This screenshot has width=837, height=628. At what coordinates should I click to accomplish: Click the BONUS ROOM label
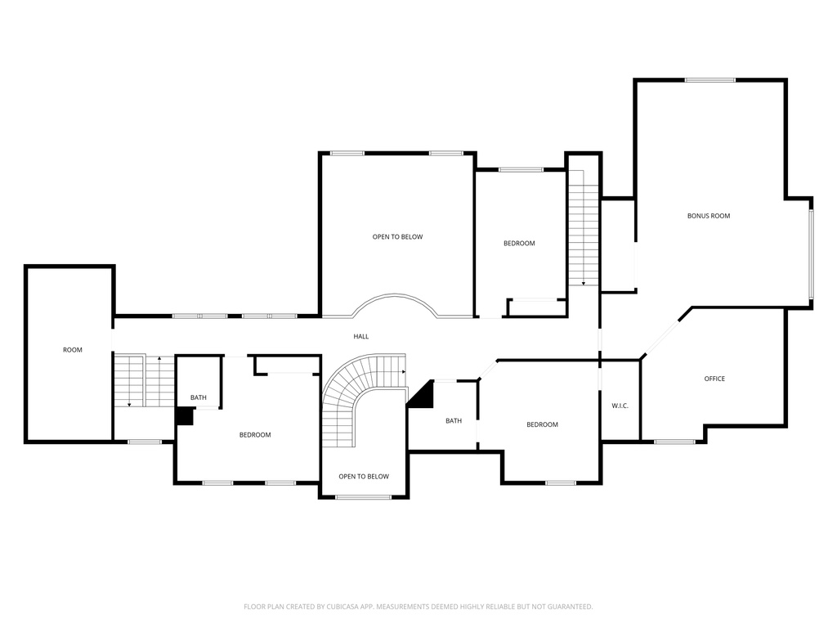pyautogui.click(x=708, y=216)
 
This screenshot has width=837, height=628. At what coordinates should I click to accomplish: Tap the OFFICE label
pyautogui.click(x=714, y=379)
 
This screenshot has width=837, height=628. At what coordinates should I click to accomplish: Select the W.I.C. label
pyautogui.click(x=620, y=406)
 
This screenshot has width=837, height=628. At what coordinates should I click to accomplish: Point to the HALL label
pyautogui.click(x=360, y=336)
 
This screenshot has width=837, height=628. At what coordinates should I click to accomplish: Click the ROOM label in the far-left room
pyautogui.click(x=73, y=350)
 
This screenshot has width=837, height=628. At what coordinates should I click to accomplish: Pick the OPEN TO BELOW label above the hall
pyautogui.click(x=397, y=237)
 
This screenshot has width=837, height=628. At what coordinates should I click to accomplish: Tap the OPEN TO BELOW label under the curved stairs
pyautogui.click(x=364, y=477)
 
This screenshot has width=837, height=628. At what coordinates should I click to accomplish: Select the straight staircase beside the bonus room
pyautogui.click(x=584, y=229)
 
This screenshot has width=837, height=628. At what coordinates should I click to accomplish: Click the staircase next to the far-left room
pyautogui.click(x=143, y=381)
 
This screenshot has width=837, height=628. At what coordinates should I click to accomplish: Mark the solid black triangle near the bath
pyautogui.click(x=423, y=397)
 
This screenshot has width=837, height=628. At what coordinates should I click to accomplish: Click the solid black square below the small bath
pyautogui.click(x=184, y=416)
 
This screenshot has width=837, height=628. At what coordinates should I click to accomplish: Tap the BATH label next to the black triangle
pyautogui.click(x=453, y=421)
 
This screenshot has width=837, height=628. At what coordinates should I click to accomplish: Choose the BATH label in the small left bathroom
pyautogui.click(x=199, y=398)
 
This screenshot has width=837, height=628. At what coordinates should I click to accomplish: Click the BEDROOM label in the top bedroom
pyautogui.click(x=519, y=244)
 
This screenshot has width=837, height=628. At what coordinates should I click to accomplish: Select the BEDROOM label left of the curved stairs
pyautogui.click(x=255, y=435)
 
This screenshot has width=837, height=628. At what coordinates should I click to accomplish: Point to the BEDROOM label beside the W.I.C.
pyautogui.click(x=542, y=424)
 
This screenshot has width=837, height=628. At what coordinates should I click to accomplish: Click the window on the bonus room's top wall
pyautogui.click(x=709, y=80)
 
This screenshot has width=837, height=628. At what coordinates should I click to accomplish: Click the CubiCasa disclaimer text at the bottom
pyautogui.click(x=418, y=607)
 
